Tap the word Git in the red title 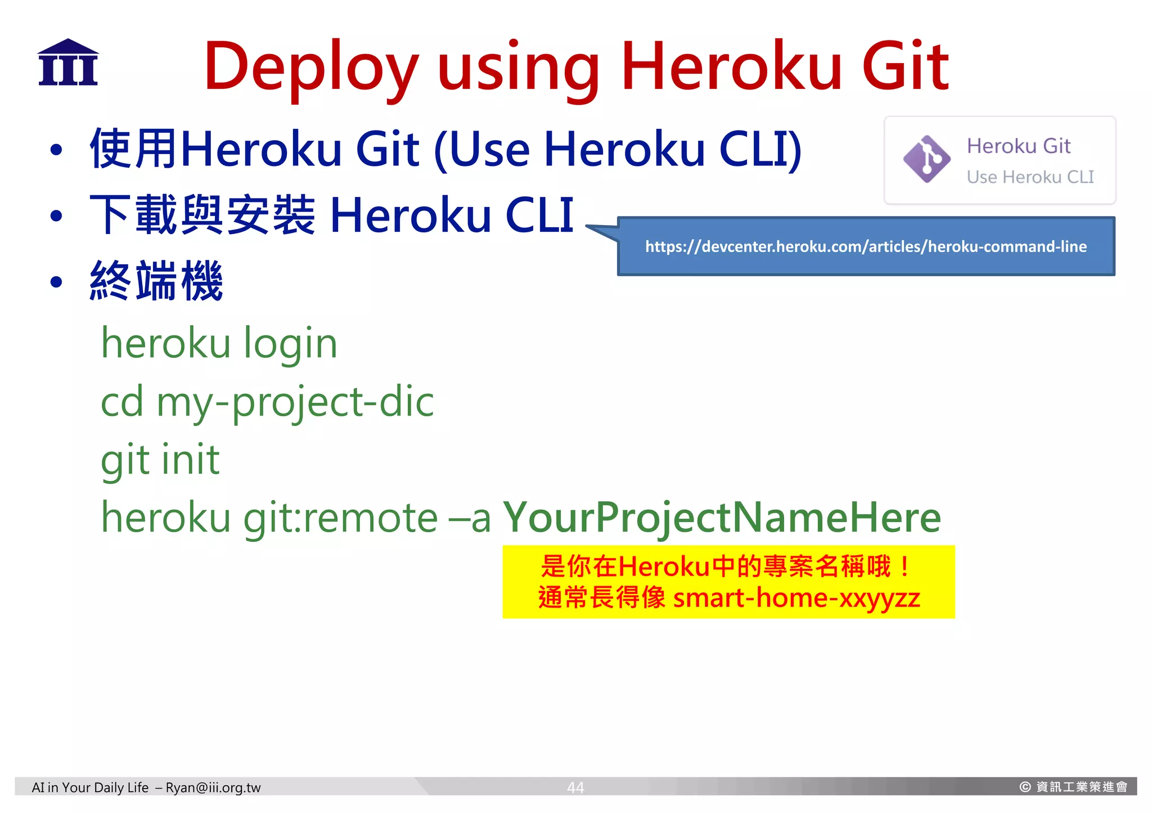click(905, 66)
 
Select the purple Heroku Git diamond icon click(926, 159)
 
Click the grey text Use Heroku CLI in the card click(1030, 177)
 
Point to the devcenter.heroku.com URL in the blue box click(866, 246)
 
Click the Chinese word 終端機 click(156, 281)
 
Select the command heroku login click(219, 343)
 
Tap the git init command click(160, 460)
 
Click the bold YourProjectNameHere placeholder click(722, 518)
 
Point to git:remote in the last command click(340, 518)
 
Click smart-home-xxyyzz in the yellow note click(796, 598)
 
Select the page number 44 click(575, 788)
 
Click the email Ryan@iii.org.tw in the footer click(213, 788)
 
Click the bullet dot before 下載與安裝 click(56, 216)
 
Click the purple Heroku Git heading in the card click(1018, 146)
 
